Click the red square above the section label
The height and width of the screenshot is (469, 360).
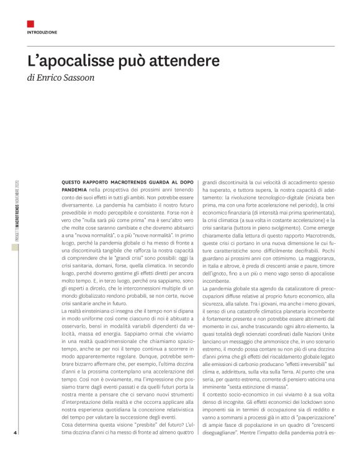point(30,24)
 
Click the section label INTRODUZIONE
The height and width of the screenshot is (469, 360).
point(42,32)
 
